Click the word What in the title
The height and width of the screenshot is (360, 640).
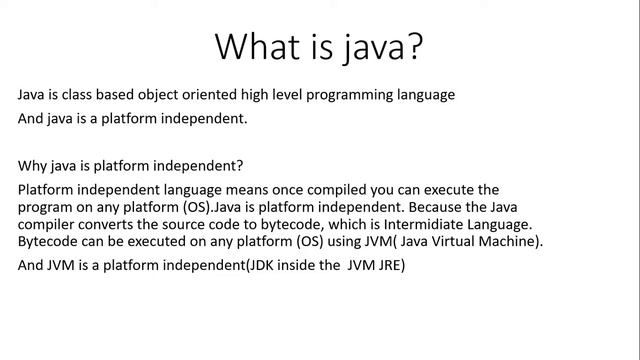[x=259, y=46]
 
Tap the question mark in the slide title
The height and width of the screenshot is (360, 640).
[x=412, y=46]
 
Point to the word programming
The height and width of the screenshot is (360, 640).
[x=352, y=95]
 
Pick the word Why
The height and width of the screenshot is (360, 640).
[x=34, y=165]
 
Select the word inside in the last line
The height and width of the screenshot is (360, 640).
[x=283, y=266]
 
